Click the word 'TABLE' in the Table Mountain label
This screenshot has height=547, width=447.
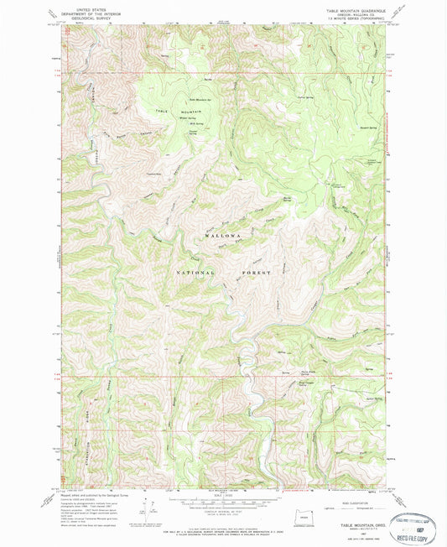[163, 112]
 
